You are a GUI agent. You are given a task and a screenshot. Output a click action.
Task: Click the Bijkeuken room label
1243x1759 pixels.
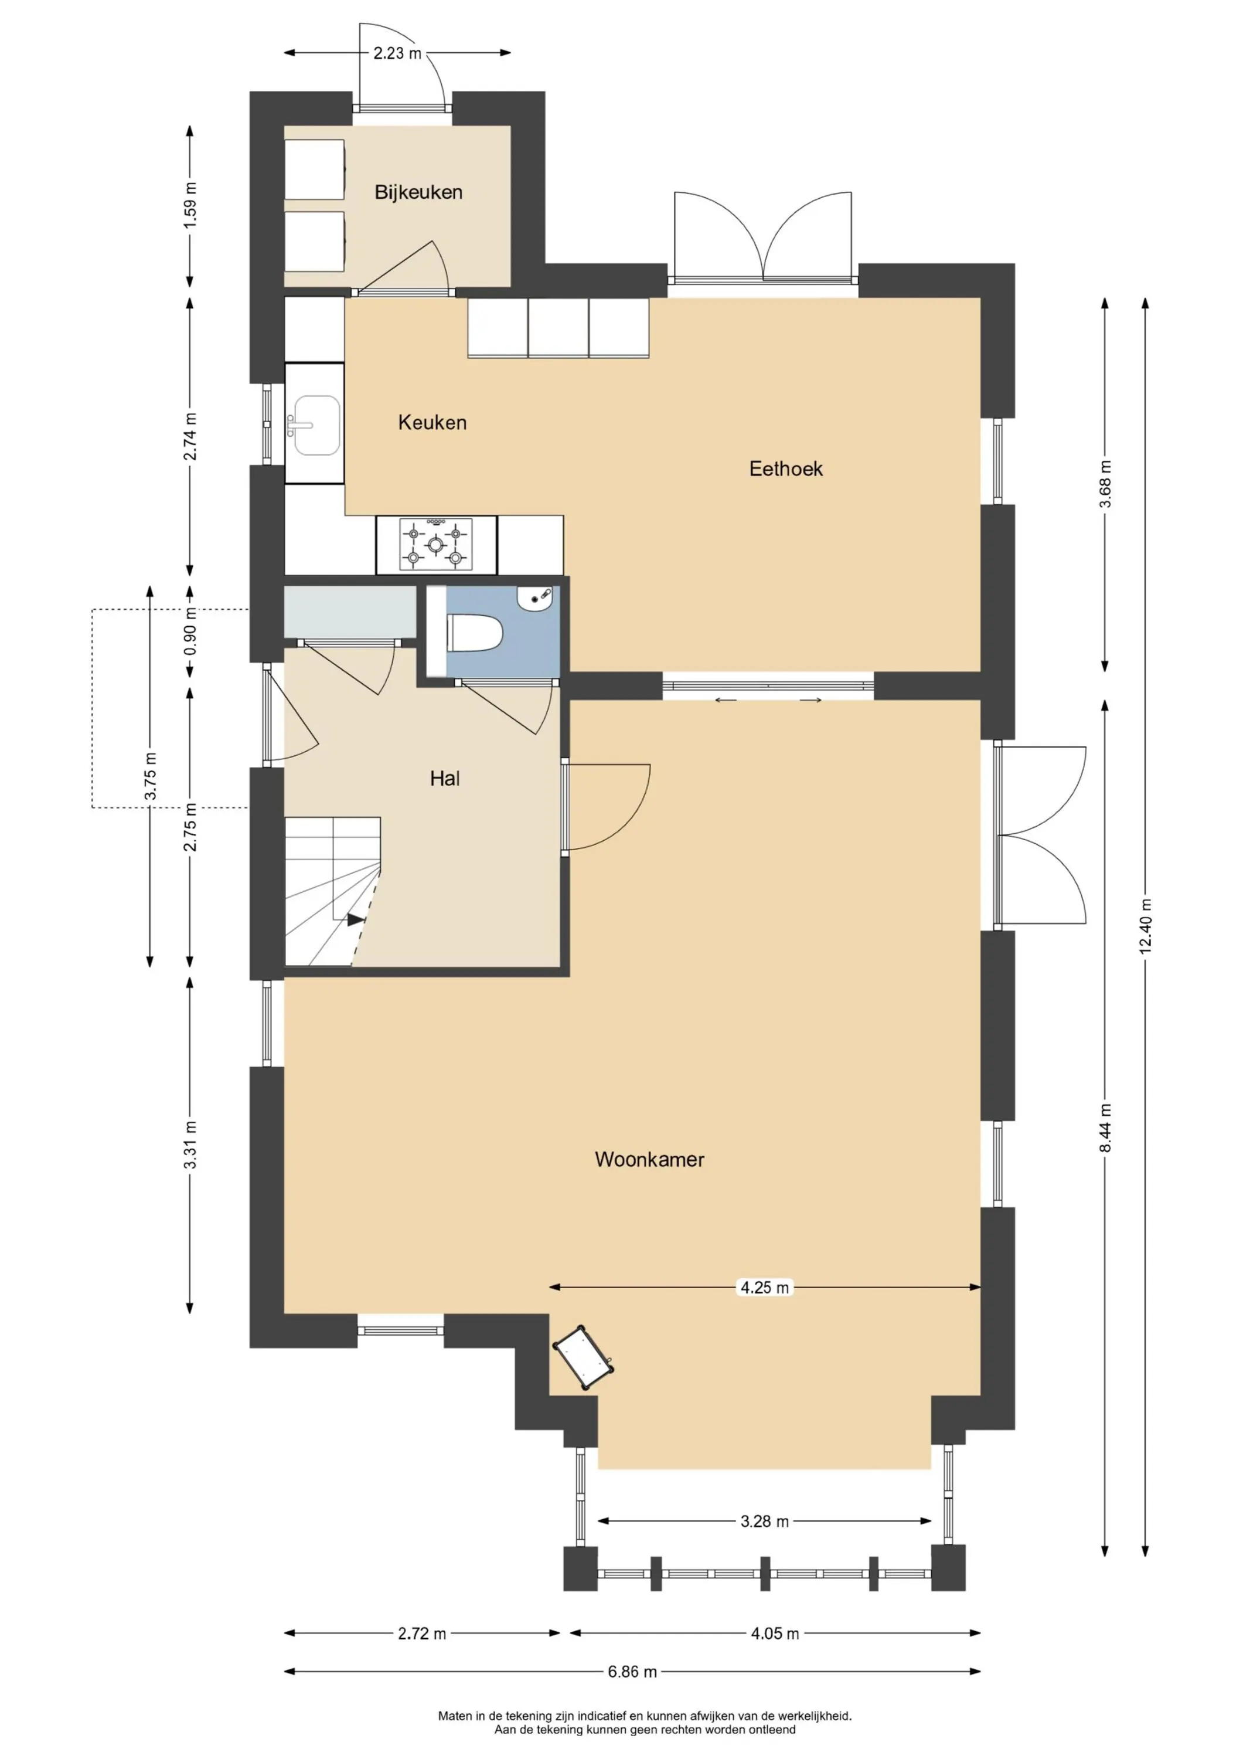418,192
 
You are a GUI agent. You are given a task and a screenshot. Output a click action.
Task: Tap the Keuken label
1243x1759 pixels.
432,422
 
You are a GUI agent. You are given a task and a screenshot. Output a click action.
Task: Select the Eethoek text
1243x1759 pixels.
786,469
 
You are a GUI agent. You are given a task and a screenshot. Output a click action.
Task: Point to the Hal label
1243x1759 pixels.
444,779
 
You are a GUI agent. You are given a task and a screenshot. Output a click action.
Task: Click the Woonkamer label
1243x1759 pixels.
649,1159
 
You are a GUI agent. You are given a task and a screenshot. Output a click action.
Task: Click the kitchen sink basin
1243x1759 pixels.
314,425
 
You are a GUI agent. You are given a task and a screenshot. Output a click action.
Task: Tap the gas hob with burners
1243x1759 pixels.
435,545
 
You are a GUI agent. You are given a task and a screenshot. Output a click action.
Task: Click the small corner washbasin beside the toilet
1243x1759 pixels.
534,597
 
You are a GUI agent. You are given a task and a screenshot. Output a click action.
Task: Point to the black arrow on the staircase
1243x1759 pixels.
355,920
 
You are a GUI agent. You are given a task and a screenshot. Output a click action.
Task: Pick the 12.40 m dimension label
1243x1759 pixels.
1146,926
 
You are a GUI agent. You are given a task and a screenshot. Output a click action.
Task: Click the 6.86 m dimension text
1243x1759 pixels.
632,1672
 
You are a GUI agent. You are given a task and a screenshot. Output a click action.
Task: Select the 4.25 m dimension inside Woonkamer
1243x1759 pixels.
764,1288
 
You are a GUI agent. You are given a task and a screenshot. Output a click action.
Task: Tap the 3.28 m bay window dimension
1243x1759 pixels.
764,1522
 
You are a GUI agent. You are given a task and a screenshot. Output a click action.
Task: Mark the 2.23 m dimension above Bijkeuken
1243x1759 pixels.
397,53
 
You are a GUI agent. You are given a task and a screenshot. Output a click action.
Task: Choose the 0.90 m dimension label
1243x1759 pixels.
190,630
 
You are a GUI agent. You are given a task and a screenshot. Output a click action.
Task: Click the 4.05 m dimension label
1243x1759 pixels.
775,1634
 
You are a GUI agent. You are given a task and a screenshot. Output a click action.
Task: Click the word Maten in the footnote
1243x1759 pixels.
454,1716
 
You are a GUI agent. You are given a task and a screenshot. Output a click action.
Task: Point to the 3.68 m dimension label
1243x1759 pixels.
1105,484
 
